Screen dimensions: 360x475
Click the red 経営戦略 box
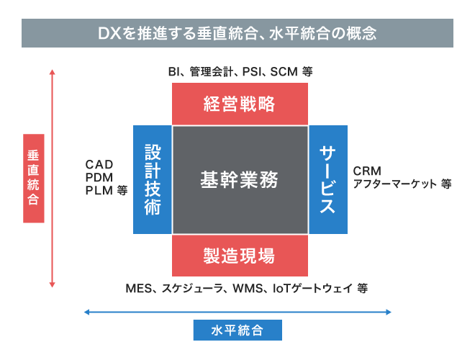coord(240,104)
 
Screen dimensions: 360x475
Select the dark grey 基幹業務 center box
coord(240,179)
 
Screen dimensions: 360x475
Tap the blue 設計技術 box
coord(152,179)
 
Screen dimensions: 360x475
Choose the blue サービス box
coord(328,179)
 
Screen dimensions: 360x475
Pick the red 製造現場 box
coord(240,255)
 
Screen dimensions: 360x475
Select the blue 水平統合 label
coord(237,330)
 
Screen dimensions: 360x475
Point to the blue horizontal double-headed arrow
coord(237,312)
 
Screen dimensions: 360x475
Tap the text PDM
coord(99,178)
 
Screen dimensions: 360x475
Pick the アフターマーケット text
coord(395,184)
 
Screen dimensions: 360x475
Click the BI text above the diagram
coord(173,72)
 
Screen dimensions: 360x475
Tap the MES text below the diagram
coord(139,289)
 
